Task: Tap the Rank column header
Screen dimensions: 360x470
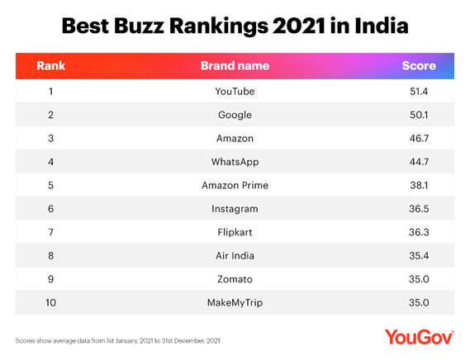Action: point(51,65)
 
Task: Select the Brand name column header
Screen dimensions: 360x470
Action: point(235,65)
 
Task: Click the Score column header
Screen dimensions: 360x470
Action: point(418,65)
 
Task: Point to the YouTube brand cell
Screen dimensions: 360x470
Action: point(235,90)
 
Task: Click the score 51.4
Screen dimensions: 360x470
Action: point(418,90)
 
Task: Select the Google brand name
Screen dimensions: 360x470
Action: point(235,114)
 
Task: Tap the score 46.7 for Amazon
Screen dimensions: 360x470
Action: point(418,138)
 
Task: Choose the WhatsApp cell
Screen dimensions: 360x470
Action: point(235,162)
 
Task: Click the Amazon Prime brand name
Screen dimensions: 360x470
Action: point(235,186)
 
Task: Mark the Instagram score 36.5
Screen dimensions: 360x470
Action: point(418,210)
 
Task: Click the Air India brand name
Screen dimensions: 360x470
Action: point(235,257)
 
